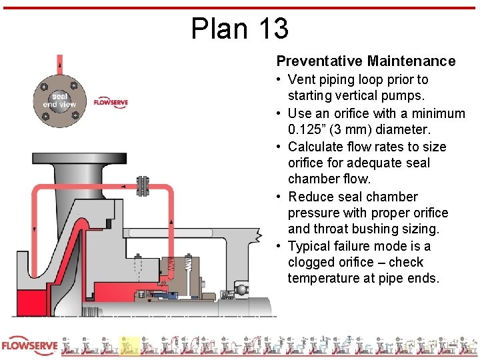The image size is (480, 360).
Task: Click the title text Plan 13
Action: point(240,28)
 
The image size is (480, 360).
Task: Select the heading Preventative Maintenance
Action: point(366,61)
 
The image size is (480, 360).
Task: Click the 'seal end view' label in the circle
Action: point(59,100)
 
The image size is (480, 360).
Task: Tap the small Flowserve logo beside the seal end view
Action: point(110,103)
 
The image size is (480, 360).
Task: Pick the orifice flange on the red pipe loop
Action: point(142,187)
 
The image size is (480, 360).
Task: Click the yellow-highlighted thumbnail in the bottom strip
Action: point(129,345)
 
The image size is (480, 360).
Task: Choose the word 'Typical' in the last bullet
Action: point(311,246)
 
